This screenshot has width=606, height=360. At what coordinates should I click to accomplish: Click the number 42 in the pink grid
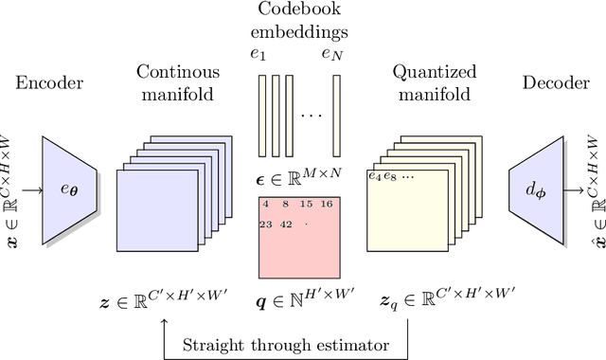click(x=285, y=225)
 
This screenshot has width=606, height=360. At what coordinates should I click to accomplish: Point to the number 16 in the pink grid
click(x=326, y=204)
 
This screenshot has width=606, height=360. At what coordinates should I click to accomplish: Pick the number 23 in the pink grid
click(x=265, y=225)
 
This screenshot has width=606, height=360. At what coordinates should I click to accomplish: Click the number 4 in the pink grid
click(x=266, y=204)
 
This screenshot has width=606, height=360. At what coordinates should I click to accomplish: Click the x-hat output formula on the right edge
click(x=595, y=189)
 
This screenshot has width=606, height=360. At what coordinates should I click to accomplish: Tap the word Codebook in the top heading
click(x=298, y=12)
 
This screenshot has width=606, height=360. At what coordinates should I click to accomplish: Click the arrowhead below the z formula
click(x=165, y=325)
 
